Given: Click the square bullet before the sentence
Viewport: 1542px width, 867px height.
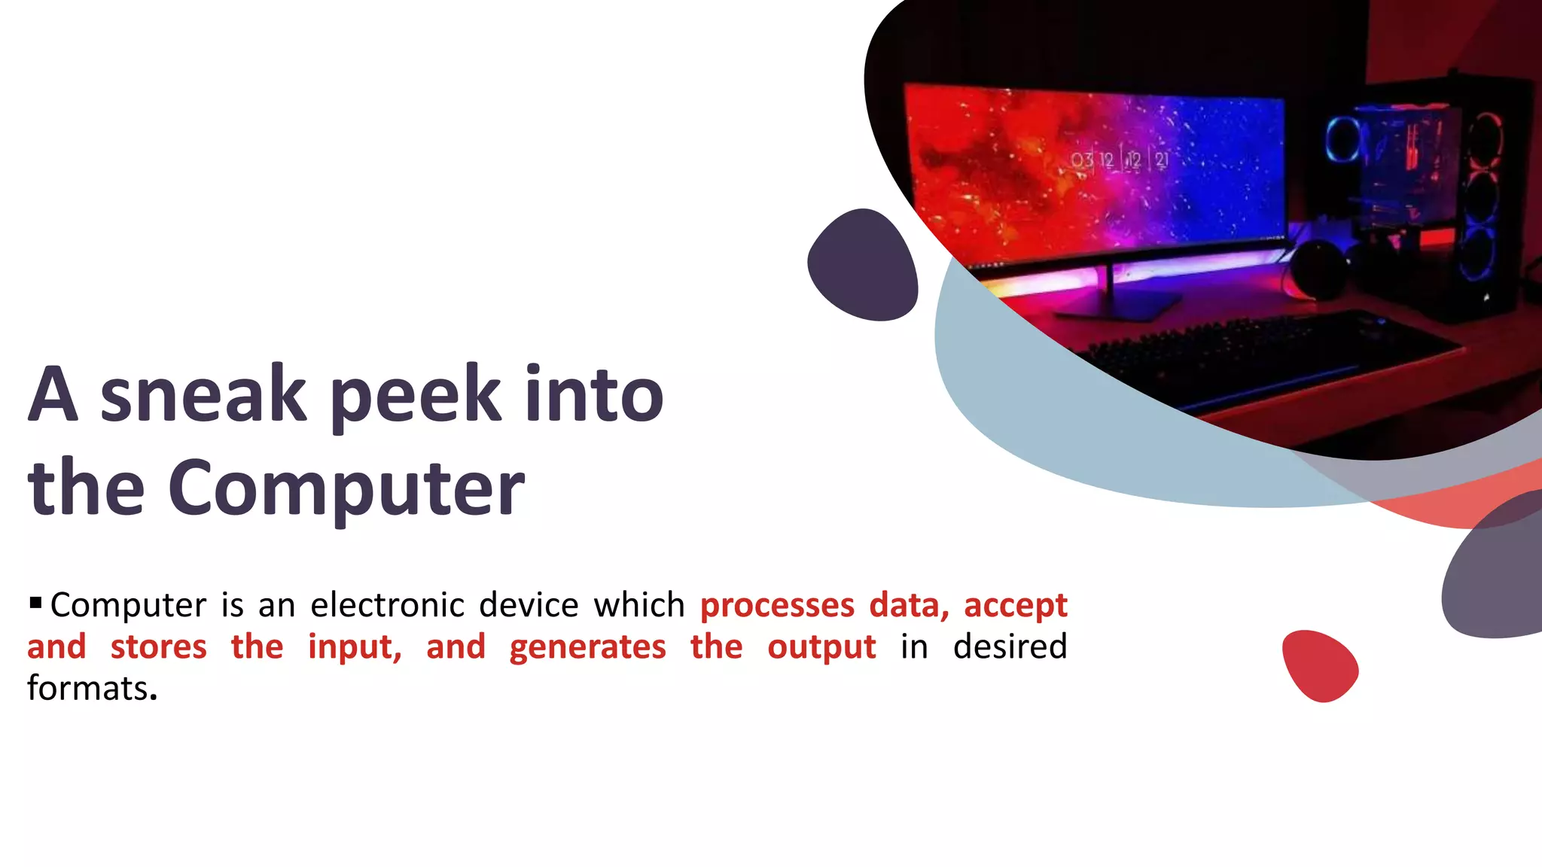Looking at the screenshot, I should pos(35,602).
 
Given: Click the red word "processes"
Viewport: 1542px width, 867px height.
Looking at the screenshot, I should pos(777,605).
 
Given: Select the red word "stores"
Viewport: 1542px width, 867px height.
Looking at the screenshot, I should pos(158,647).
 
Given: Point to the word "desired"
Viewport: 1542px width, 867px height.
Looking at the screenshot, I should pos(1010,647).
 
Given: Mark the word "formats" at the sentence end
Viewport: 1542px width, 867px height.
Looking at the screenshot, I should pos(87,689).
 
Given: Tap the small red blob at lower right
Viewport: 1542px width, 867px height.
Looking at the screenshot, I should pos(1319,665).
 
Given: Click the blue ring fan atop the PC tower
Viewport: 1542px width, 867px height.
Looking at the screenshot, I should pos(1342,138).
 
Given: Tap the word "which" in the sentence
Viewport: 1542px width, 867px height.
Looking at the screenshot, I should pos(638,605).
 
